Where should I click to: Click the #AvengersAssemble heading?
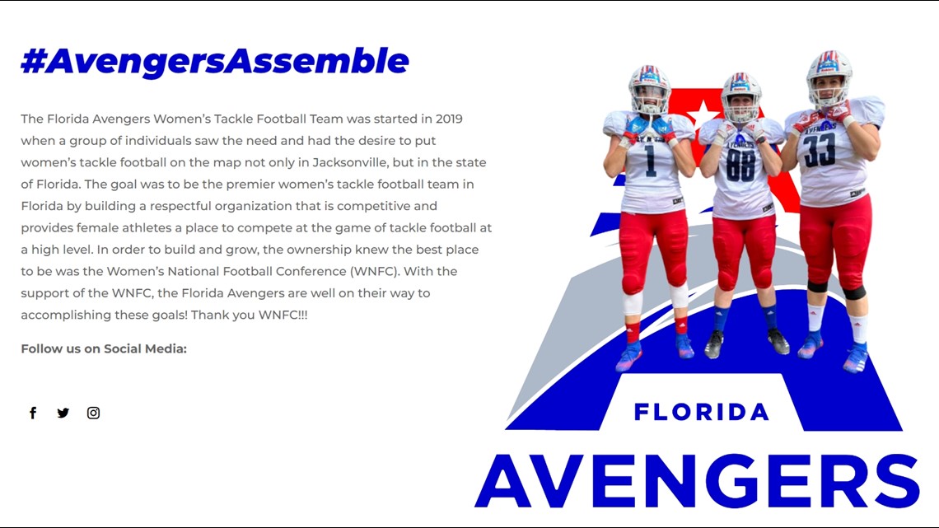pos(214,61)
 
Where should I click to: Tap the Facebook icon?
pos(33,413)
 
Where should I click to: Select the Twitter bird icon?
pos(63,413)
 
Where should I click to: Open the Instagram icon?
pos(93,413)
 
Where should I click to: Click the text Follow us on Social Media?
pos(104,348)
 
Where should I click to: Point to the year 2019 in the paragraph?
pos(449,119)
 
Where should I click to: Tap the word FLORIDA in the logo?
pos(701,412)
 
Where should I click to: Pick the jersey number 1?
pos(651,161)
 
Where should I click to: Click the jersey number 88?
pos(740,164)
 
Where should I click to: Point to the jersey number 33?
pos(820,150)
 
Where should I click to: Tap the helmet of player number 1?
pos(649,87)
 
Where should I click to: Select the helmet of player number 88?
pos(740,95)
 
